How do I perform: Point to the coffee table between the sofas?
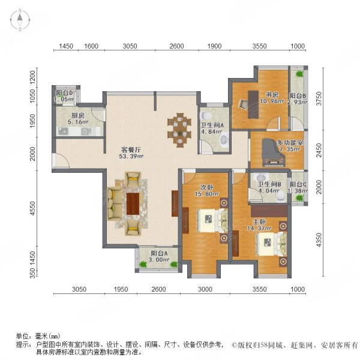click(133, 202)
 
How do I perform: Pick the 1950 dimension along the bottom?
click(121, 289)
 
